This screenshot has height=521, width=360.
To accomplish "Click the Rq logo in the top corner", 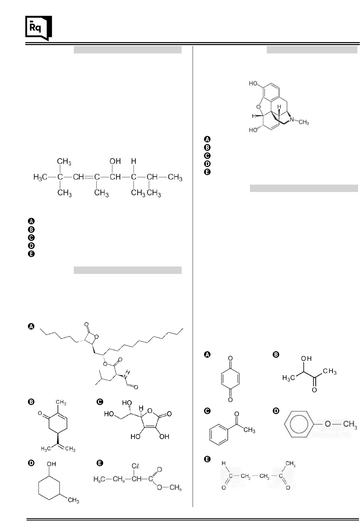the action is (38, 28).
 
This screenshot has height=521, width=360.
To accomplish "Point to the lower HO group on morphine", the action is (253, 130).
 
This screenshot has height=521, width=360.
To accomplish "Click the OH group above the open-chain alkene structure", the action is (115, 161).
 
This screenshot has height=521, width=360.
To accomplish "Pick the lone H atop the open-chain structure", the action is (133, 161).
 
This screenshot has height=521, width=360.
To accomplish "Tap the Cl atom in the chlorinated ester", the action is (135, 466).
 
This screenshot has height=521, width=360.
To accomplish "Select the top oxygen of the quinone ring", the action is (230, 358).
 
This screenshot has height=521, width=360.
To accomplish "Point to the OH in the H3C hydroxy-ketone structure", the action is (306, 358).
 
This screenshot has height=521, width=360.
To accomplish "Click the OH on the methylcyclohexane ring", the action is (51, 464).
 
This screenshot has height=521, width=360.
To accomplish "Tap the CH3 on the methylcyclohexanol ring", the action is (73, 501).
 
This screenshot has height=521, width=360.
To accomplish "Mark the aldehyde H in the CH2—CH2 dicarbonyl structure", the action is (223, 464).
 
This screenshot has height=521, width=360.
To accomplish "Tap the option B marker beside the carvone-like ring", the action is (31, 402).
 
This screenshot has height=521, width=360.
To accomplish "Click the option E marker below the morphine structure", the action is (208, 172).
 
